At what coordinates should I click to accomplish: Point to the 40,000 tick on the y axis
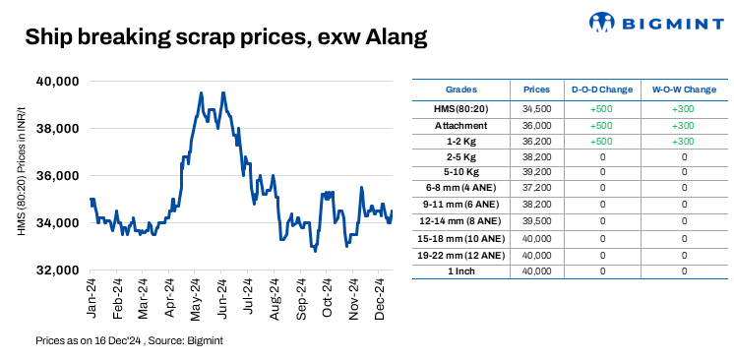point(57,82)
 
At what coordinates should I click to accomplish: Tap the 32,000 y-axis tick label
point(57,270)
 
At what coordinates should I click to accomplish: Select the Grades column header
point(460,89)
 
